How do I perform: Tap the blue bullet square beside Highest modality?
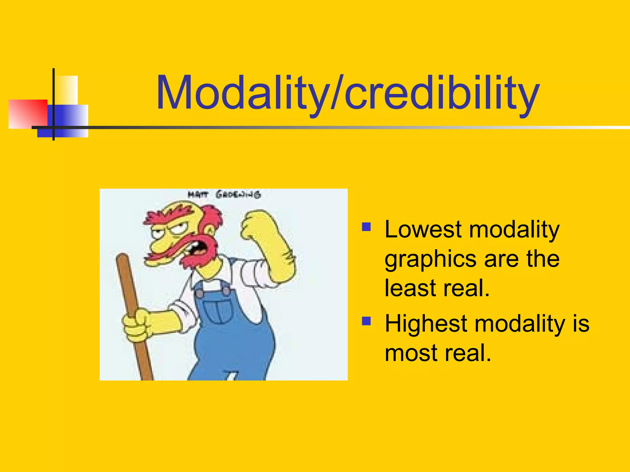click(366, 321)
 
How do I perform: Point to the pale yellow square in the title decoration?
click(67, 89)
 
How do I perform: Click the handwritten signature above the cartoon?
click(224, 195)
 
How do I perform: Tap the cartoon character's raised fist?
click(255, 224)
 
